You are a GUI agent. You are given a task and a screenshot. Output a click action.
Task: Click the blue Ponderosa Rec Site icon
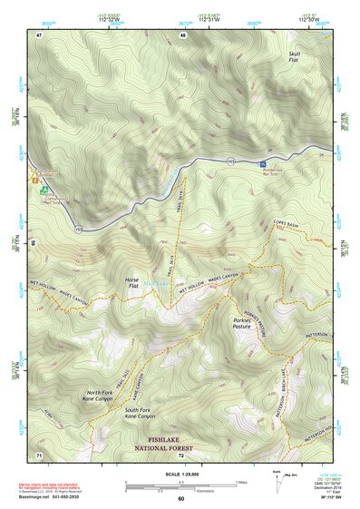[x=263, y=152]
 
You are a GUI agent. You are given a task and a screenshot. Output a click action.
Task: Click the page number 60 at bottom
[x=180, y=498]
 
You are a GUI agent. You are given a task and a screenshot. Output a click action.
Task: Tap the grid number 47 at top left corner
[x=39, y=34]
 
